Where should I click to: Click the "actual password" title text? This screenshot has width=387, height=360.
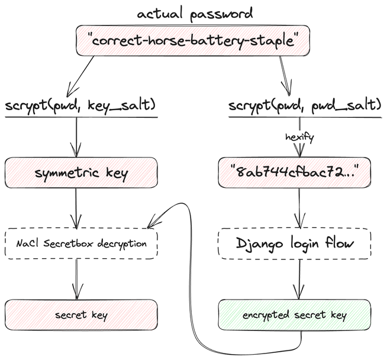[x=195, y=12]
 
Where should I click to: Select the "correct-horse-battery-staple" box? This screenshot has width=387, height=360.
[x=193, y=40]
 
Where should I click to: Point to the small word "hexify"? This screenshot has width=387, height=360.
[x=298, y=137]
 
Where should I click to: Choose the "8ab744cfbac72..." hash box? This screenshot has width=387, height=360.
[x=295, y=172]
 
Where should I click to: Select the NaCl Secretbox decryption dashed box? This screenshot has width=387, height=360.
[x=81, y=243]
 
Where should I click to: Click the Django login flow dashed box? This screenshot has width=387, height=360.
[x=295, y=243]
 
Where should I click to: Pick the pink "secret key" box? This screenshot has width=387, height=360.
[x=81, y=314]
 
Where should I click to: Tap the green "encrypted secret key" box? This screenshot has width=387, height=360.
[x=295, y=314]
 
